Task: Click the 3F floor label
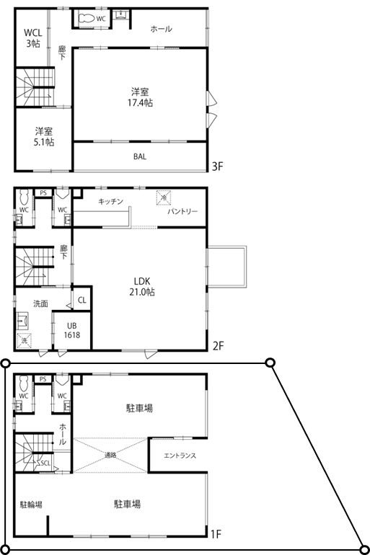pos(219,166)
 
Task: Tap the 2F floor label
pos(219,346)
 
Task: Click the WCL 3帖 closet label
pos(32,37)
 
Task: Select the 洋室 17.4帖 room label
pos(141,97)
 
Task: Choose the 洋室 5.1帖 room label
pos(44,137)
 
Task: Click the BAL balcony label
pos(140,156)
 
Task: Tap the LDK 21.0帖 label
pos(141,286)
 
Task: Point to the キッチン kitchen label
pos(111,201)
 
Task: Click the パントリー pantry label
pos(183,212)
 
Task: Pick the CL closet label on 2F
pos(82,300)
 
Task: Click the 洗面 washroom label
pos(40,303)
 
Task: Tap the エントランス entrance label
pos(180,456)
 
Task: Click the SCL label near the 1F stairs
pos(45,463)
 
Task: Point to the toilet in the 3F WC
pos(86,17)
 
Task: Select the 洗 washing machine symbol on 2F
pos(25,340)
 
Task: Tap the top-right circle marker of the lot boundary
pos(270,363)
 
